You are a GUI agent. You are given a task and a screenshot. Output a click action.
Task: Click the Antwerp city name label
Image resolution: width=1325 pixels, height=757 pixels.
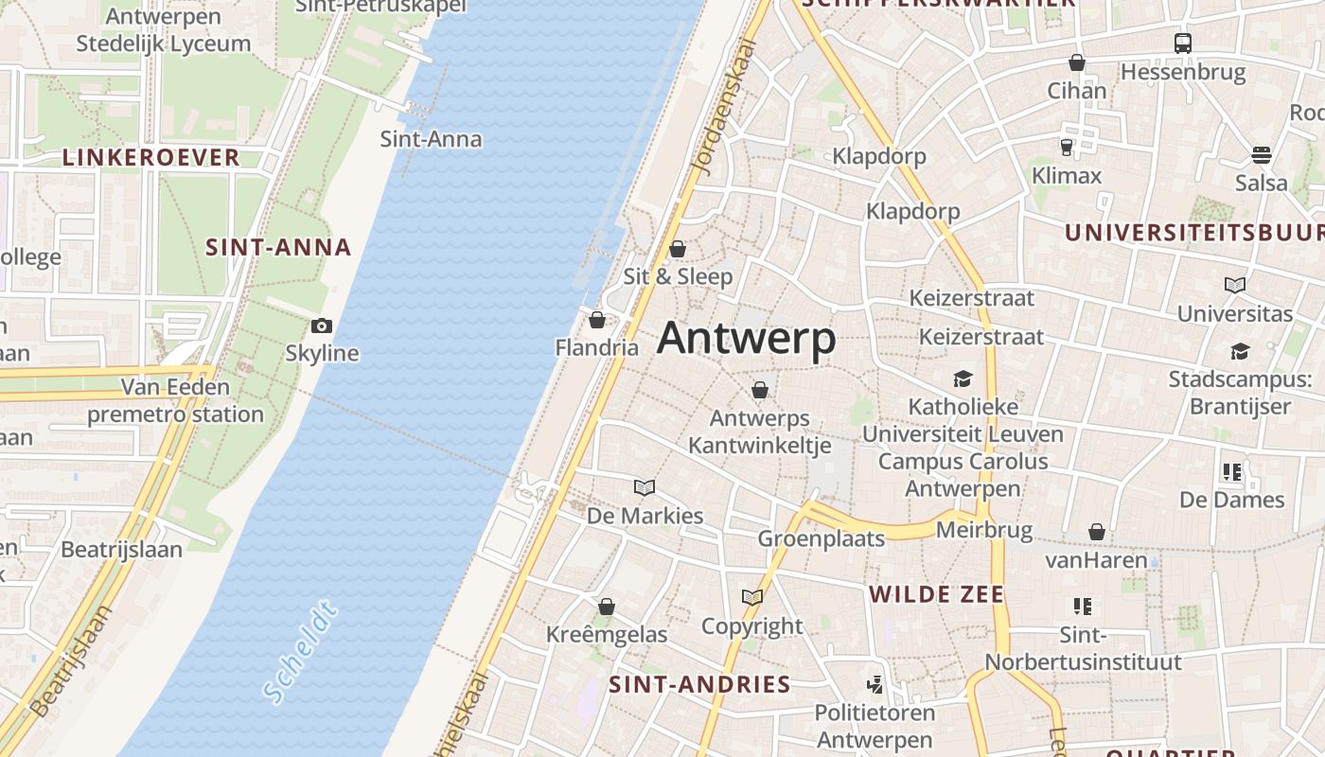point(747,339)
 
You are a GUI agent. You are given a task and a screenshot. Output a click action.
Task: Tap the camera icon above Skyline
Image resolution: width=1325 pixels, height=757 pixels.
point(322,326)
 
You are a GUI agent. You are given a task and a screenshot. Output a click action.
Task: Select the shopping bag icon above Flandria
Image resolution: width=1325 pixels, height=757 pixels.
point(597,321)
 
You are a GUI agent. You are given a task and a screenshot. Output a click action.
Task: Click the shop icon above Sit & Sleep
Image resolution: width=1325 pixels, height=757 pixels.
point(678,249)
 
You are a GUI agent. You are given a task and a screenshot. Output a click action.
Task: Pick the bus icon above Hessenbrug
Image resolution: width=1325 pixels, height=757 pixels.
point(1183,44)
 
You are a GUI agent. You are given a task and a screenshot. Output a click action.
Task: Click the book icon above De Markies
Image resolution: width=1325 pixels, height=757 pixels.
point(645,488)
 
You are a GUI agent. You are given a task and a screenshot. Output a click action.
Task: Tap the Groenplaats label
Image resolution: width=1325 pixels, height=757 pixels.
point(821,538)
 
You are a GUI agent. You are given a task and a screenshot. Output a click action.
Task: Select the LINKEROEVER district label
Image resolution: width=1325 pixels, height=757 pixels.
point(151,158)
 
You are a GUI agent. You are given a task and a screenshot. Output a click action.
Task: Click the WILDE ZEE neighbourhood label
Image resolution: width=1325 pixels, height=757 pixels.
point(937,594)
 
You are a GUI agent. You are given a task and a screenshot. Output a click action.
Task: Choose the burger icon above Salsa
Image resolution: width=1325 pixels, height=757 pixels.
point(1262,155)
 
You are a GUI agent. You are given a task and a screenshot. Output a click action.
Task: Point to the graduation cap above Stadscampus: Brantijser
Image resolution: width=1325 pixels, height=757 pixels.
point(1240,352)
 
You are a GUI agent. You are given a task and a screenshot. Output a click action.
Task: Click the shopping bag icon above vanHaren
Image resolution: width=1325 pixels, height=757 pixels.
point(1097,533)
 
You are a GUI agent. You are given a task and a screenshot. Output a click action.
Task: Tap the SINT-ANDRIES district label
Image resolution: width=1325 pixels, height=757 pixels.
point(699,684)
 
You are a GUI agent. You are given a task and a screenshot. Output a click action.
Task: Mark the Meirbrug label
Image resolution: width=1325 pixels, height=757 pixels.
point(984,530)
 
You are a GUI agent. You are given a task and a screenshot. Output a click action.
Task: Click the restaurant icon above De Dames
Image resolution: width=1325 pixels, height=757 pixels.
point(1231,471)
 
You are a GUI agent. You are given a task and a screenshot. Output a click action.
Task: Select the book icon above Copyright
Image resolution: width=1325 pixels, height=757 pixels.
point(752,598)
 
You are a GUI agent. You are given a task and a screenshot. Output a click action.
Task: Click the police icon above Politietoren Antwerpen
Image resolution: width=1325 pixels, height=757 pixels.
point(875,684)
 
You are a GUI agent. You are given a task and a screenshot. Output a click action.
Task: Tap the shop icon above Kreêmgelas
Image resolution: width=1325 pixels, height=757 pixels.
point(607,607)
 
